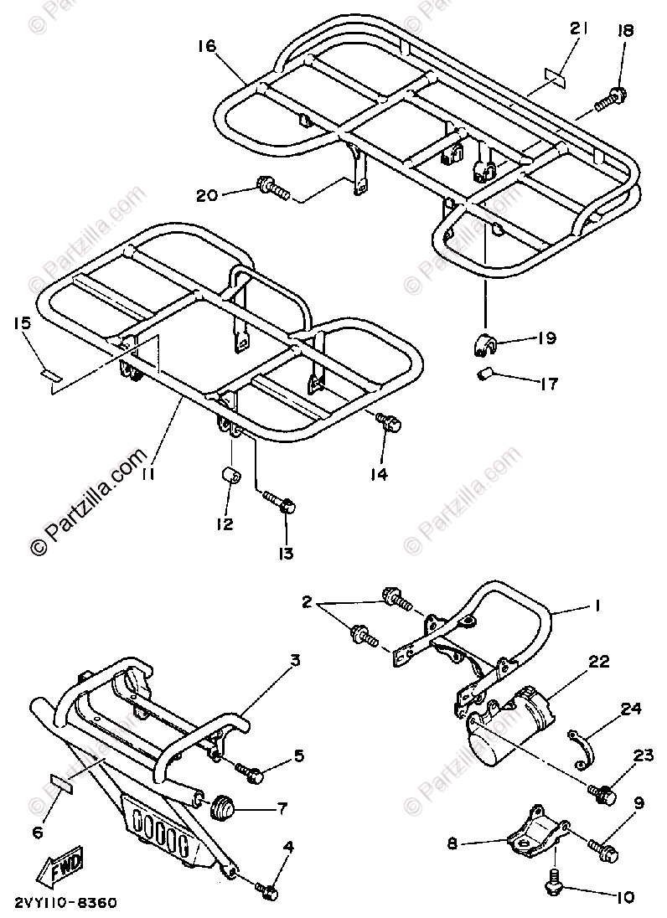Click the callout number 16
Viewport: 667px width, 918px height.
(x=207, y=47)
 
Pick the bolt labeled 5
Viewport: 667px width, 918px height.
(x=249, y=774)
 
